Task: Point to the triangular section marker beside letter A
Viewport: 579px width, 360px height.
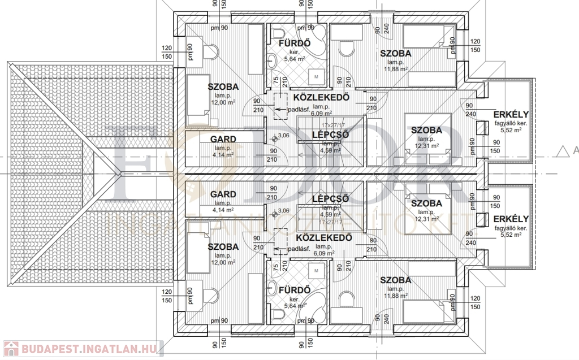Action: point(562,150)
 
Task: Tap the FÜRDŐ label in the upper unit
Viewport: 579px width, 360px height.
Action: point(293,44)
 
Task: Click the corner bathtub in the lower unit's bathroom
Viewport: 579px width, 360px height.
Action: point(314,301)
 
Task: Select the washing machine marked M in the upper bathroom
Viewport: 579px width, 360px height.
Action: point(316,76)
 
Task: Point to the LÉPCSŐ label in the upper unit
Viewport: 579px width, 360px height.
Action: point(330,135)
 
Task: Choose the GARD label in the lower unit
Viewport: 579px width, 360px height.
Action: point(223,194)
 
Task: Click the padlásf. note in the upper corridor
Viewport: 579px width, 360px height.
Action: point(299,109)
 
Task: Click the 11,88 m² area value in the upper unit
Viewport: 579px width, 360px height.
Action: point(396,69)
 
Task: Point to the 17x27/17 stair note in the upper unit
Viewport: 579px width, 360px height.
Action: point(334,125)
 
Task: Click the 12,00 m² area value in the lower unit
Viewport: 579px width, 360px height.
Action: point(223,262)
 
